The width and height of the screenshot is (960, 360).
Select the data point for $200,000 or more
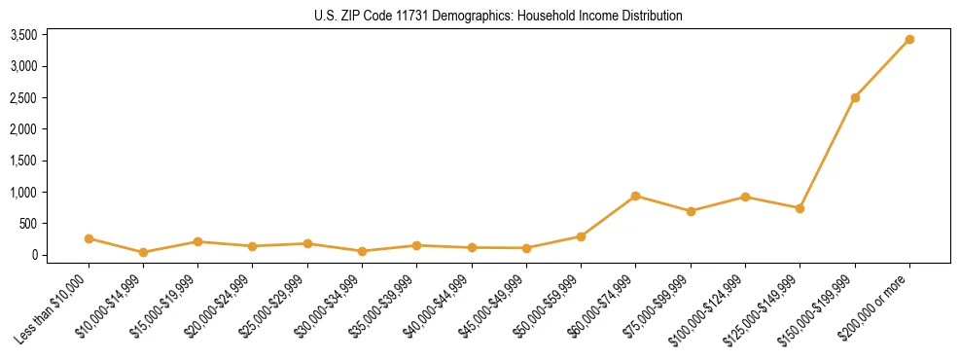(x=909, y=40)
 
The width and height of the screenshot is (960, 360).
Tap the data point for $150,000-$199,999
(x=855, y=97)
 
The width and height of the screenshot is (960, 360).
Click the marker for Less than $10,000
(x=89, y=238)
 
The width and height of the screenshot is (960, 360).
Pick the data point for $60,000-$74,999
(x=635, y=196)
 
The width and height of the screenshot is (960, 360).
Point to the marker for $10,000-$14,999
(x=143, y=252)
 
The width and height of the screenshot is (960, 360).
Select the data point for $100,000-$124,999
(x=745, y=197)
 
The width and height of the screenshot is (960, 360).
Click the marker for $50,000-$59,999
(x=581, y=236)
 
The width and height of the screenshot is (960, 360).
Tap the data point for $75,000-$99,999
(x=691, y=211)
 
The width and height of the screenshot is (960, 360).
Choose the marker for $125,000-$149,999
(x=800, y=208)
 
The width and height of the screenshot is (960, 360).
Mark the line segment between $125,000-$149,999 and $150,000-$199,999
(x=828, y=153)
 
